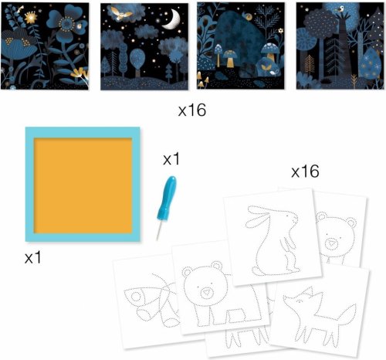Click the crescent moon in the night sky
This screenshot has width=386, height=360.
pyautogui.click(x=172, y=20)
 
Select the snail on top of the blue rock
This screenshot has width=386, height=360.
pyautogui.click(x=248, y=16)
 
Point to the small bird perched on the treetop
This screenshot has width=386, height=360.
pyautogui.click(x=341, y=9)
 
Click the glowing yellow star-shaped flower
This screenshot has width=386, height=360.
pyautogui.click(x=31, y=17)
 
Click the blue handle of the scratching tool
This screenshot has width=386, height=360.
pyautogui.click(x=168, y=198)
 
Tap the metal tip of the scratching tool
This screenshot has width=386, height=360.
pyautogui.click(x=159, y=230)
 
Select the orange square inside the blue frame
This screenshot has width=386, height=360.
pyautogui.click(x=83, y=185)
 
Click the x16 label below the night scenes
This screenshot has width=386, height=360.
pyautogui.click(x=192, y=110)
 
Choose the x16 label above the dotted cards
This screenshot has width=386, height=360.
pyautogui.click(x=305, y=172)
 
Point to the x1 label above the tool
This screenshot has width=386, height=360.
pyautogui.click(x=171, y=159)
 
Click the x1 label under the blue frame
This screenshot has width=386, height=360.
pyautogui.click(x=32, y=257)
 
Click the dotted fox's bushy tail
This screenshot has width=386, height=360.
pyautogui.click(x=347, y=313)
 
